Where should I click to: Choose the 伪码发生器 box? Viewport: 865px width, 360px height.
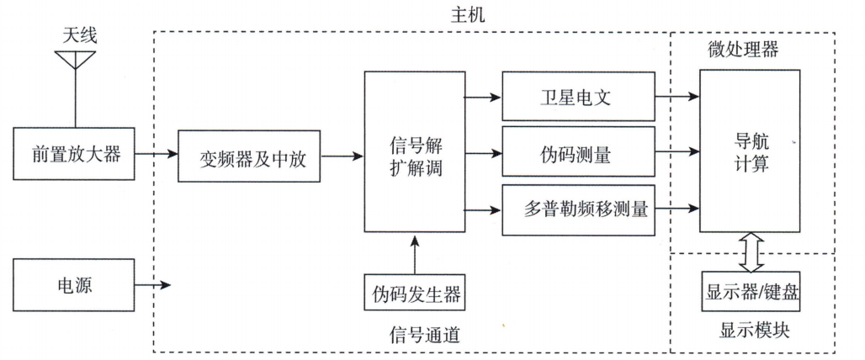coord(416,294)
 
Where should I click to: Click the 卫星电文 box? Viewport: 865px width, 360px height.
coord(577,98)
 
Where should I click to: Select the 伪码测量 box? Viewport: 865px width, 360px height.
coord(577,153)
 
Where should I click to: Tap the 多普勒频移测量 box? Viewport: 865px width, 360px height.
coord(577,208)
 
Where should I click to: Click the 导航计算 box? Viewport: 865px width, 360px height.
coord(749,151)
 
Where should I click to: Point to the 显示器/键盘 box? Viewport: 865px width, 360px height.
coord(749,291)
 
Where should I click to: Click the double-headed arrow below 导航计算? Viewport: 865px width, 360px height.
coord(749,251)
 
